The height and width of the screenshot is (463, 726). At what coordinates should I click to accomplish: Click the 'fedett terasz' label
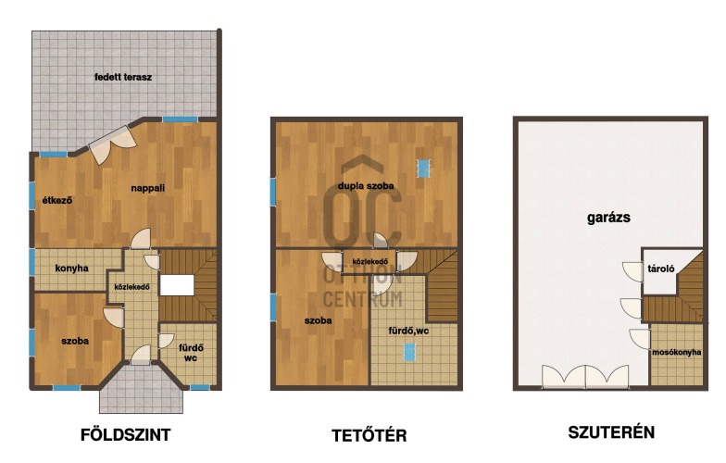click(123, 77)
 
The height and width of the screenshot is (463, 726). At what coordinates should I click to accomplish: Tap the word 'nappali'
click(148, 188)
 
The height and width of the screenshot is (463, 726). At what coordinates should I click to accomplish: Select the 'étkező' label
click(57, 200)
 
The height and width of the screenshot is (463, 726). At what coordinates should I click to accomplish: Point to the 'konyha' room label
click(72, 269)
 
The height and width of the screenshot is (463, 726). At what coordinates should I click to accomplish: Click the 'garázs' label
click(608, 218)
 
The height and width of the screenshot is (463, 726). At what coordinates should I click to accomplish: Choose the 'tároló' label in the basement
click(661, 269)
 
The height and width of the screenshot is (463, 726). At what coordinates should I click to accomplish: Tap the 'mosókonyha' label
click(676, 352)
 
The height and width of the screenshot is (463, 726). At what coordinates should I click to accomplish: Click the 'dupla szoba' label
click(366, 185)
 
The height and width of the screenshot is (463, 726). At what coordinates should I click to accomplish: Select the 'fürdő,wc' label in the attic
click(408, 331)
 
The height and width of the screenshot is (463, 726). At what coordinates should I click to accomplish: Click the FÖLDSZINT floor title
click(126, 435)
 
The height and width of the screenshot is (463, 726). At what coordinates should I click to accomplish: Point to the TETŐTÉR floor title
click(369, 435)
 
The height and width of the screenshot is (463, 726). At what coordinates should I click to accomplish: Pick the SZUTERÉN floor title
click(611, 432)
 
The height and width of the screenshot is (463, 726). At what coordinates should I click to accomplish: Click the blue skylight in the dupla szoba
click(424, 169)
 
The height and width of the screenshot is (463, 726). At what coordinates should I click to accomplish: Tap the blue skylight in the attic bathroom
click(409, 352)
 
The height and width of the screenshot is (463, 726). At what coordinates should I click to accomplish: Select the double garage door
click(585, 376)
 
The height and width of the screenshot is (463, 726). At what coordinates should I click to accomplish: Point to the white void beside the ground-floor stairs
click(177, 285)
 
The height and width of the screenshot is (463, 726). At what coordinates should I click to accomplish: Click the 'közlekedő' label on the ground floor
click(131, 287)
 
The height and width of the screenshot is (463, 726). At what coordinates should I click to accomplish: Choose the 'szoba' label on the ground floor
click(75, 341)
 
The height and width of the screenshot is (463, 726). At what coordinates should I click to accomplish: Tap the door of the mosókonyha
click(640, 339)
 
